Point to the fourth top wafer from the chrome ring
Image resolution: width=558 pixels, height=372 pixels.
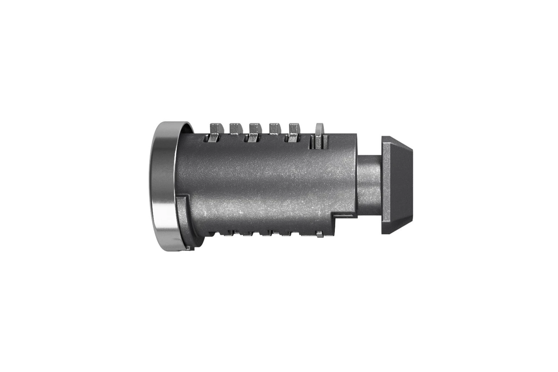point(275,128)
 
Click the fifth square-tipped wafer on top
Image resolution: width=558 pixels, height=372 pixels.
point(294,128)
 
